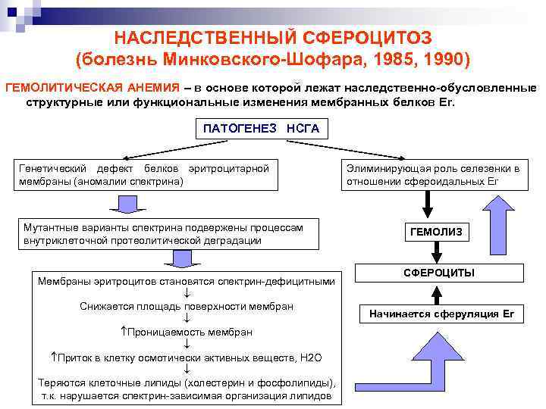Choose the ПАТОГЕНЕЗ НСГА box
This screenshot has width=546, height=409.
click(x=261, y=129)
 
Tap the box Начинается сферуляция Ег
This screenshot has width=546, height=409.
click(x=441, y=314)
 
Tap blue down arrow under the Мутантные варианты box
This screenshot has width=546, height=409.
click(x=182, y=258)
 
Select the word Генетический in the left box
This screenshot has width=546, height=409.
click(x=50, y=167)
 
